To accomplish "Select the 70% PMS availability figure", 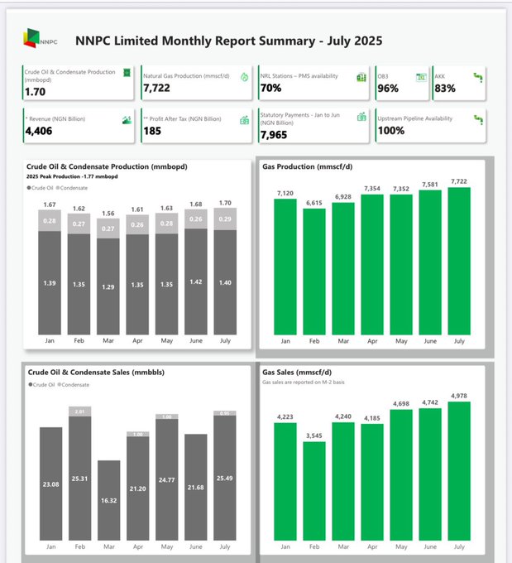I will click(x=270, y=88).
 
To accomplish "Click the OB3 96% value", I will click(x=389, y=88).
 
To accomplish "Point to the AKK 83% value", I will click(x=445, y=88).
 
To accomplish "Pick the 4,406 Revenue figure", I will click(x=39, y=131).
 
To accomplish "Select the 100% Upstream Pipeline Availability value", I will click(x=390, y=131).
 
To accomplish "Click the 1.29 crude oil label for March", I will click(x=109, y=286).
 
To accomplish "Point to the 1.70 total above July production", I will click(x=224, y=203).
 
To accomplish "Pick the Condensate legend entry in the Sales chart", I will click(x=74, y=385).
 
